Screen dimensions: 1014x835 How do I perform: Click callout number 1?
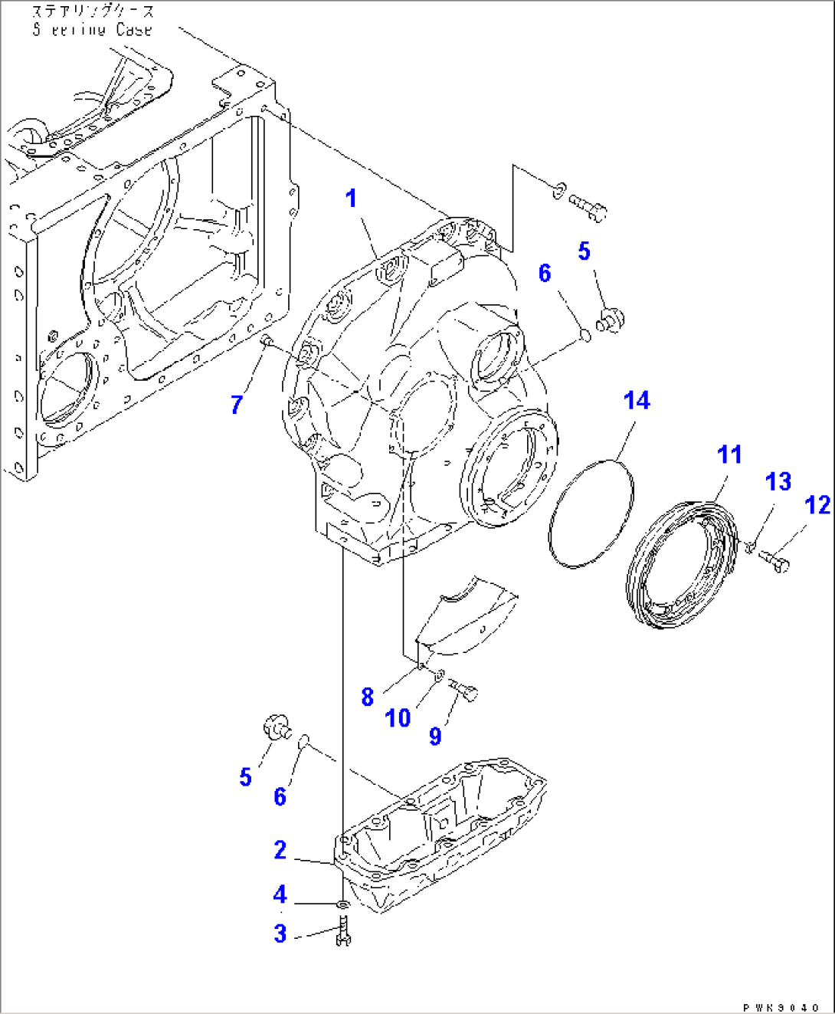[x=351, y=199]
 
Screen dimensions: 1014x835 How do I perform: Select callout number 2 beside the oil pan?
[x=280, y=850]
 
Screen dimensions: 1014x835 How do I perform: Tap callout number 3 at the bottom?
[x=280, y=934]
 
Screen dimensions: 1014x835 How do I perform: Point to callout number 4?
[x=280, y=894]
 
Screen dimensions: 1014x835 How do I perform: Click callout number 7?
[x=237, y=404]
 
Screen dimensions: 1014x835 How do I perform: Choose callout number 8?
[x=368, y=697]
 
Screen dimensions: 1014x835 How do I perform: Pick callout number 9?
[x=435, y=736]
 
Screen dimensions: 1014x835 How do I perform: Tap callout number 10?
[x=398, y=718]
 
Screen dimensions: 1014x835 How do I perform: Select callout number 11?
[x=729, y=454]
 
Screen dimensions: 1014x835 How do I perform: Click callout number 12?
[x=817, y=505]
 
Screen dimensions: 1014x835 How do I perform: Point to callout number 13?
[x=778, y=481]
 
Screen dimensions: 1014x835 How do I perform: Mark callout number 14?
[x=637, y=401]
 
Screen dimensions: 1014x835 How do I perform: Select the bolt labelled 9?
[x=465, y=691]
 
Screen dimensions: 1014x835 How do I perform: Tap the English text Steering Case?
[x=93, y=30]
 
